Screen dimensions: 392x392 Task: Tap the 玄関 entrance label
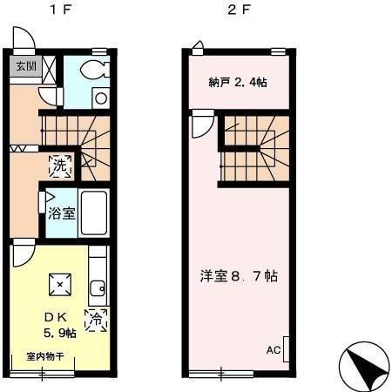[26, 66]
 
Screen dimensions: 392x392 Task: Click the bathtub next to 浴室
[93, 213]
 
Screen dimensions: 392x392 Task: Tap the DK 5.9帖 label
[58, 324]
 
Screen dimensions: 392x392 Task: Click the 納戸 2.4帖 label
[238, 83]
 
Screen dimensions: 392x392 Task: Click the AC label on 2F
[273, 351]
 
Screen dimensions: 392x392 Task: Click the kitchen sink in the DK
[98, 285]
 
